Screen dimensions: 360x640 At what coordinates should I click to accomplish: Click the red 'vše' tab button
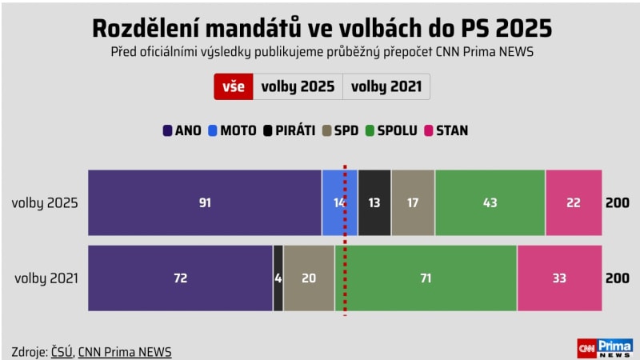234,86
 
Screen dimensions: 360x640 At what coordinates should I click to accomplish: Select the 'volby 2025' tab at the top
298,86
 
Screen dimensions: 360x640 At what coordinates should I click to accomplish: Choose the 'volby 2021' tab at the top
386,86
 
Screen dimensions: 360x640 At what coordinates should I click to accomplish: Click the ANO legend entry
182,130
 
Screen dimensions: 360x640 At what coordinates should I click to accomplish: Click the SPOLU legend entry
391,130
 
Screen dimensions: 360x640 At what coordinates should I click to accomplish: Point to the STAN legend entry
446,130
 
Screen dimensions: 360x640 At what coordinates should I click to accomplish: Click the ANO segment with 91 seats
205,203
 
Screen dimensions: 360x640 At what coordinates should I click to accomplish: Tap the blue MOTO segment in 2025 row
339,203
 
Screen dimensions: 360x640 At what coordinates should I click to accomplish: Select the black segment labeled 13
374,203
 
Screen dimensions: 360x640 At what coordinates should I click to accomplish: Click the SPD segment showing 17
413,203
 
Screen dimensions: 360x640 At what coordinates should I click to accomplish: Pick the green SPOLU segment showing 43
490,203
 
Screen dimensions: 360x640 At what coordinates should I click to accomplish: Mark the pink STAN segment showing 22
573,203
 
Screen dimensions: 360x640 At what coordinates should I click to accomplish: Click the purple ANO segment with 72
180,278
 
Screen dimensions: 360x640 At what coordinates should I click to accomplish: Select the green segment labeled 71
426,278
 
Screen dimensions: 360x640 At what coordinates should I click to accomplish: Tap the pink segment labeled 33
559,278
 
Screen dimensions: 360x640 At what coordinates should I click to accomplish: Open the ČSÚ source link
62,352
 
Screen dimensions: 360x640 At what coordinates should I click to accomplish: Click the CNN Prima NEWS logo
605,348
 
